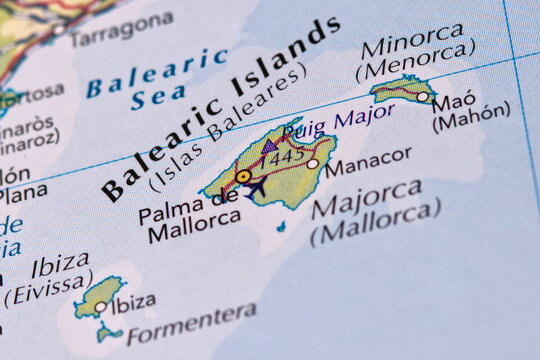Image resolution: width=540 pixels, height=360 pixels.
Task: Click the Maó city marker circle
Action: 423,97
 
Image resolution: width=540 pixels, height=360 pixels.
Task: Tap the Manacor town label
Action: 368,158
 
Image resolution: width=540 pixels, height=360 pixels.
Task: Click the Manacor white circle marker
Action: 313,163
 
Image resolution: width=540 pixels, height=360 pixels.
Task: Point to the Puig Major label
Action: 331,124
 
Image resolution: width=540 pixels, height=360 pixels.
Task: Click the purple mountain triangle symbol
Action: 269,145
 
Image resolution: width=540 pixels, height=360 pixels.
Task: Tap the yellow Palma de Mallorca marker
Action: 243,176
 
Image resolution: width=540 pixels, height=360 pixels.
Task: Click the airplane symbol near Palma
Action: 256,187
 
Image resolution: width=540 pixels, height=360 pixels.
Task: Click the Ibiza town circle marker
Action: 100,307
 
